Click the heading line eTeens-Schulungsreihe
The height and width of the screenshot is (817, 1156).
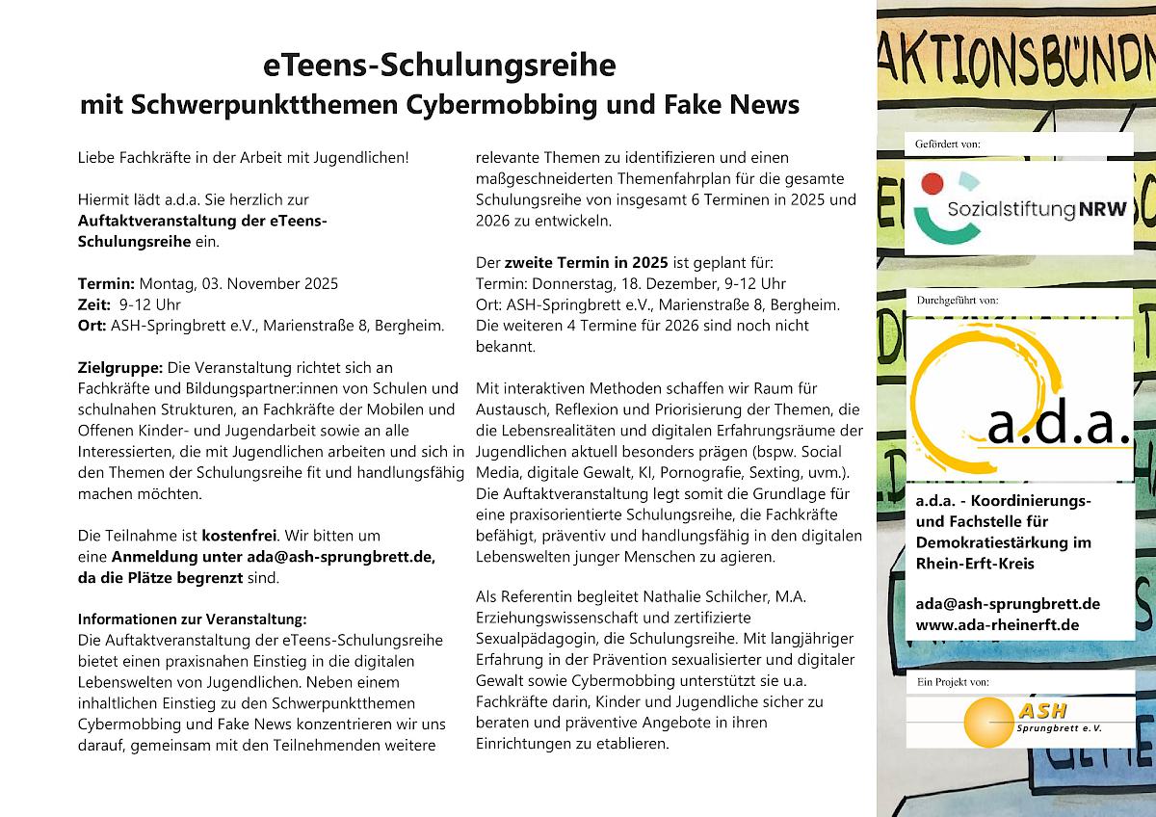click(x=438, y=66)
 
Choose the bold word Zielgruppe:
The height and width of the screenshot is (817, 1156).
click(x=120, y=368)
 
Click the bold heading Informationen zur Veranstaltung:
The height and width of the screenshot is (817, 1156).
click(x=192, y=619)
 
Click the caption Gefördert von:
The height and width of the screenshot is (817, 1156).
click(x=946, y=145)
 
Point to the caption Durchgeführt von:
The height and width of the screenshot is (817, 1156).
click(x=957, y=300)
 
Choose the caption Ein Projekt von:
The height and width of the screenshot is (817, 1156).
click(x=951, y=681)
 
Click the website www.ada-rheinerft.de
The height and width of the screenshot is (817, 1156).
click(x=997, y=625)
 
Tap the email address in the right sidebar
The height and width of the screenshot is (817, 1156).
click(x=1008, y=604)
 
